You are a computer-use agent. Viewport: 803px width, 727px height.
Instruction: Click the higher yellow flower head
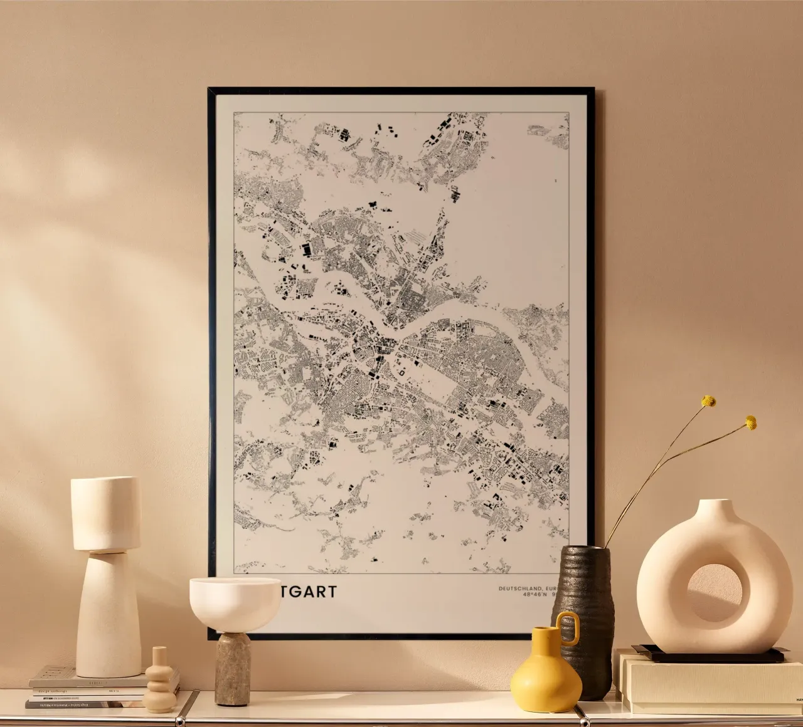coord(708,401)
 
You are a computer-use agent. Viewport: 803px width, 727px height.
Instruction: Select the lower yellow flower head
coord(750,422)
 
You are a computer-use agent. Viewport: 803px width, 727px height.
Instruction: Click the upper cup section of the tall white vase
coord(105,513)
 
